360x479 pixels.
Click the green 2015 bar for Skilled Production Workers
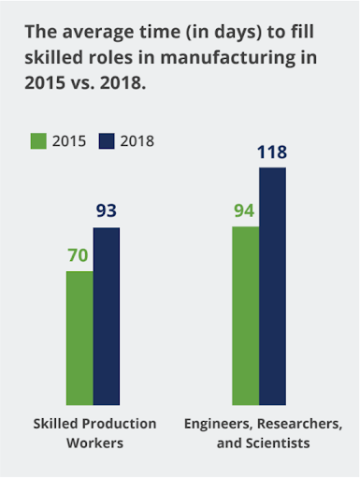tap(79, 338)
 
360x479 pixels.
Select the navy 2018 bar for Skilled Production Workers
tap(107, 316)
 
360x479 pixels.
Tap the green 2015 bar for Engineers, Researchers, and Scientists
tap(246, 315)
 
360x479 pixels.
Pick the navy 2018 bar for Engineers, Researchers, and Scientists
tap(272, 286)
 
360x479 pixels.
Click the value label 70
tap(78, 255)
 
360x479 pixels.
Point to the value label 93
tap(107, 210)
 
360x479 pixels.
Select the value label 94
tap(244, 210)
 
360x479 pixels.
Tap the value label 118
tap(272, 152)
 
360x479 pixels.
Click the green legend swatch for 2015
tap(38, 141)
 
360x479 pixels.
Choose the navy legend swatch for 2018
tap(107, 141)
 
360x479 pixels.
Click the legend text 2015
tap(69, 141)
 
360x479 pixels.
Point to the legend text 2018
tap(137, 141)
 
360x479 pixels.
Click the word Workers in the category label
tap(95, 443)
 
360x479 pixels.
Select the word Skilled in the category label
tap(55, 424)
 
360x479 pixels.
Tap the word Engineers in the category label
tap(218, 424)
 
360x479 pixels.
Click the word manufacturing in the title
tap(228, 58)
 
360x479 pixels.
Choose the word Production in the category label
tap(119, 424)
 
